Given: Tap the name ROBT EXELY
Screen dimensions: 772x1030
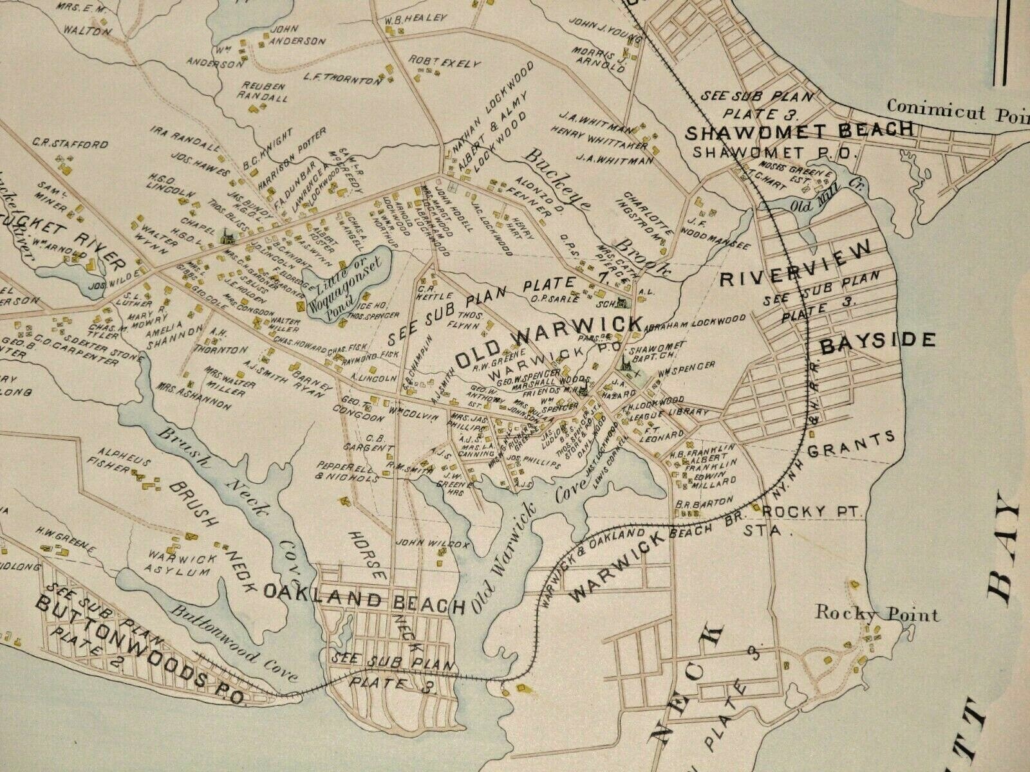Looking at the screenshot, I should tap(444, 62).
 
